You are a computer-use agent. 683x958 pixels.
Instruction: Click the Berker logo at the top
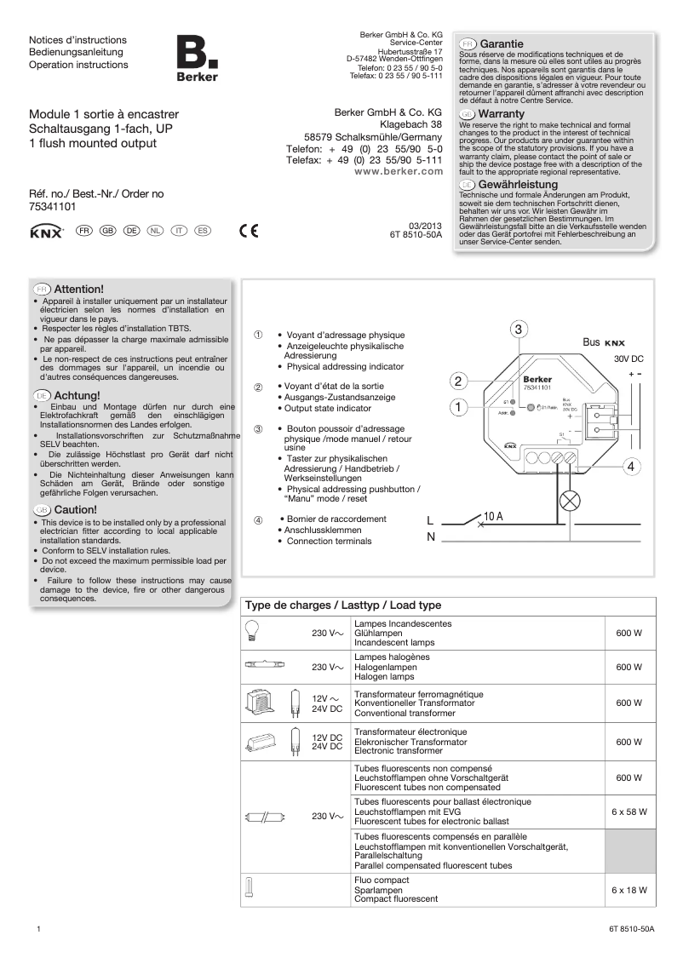point(197,60)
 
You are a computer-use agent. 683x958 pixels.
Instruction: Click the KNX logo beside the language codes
point(46,232)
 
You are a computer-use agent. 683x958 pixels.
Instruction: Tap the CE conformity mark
point(248,231)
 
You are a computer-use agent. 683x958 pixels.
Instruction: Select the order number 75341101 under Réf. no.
point(53,207)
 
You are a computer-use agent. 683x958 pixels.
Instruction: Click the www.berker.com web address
point(398,171)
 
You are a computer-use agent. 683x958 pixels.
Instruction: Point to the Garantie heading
point(501,43)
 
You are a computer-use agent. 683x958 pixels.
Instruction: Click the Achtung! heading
point(77,395)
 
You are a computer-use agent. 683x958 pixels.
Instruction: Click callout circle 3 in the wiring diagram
point(519,330)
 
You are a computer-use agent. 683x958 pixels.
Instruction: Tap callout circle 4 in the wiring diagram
point(631,467)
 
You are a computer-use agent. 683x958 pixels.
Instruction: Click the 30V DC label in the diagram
point(628,359)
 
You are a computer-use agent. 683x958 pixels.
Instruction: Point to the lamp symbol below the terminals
point(569,501)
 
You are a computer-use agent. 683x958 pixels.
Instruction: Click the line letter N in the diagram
point(431,536)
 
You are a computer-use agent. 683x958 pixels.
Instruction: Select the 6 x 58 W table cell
point(629,812)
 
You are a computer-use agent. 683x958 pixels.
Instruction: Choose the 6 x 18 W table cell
point(629,890)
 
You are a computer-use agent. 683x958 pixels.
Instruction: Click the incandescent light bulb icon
point(252,629)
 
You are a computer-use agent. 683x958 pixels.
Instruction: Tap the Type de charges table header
point(343,605)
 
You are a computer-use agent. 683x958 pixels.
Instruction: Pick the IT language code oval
point(179,231)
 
